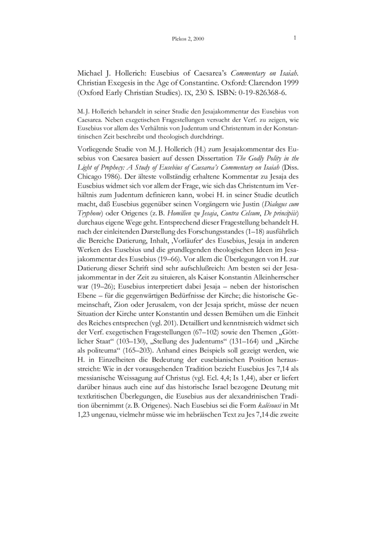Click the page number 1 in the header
[x=295, y=38]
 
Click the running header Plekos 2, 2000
[x=188, y=39]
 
